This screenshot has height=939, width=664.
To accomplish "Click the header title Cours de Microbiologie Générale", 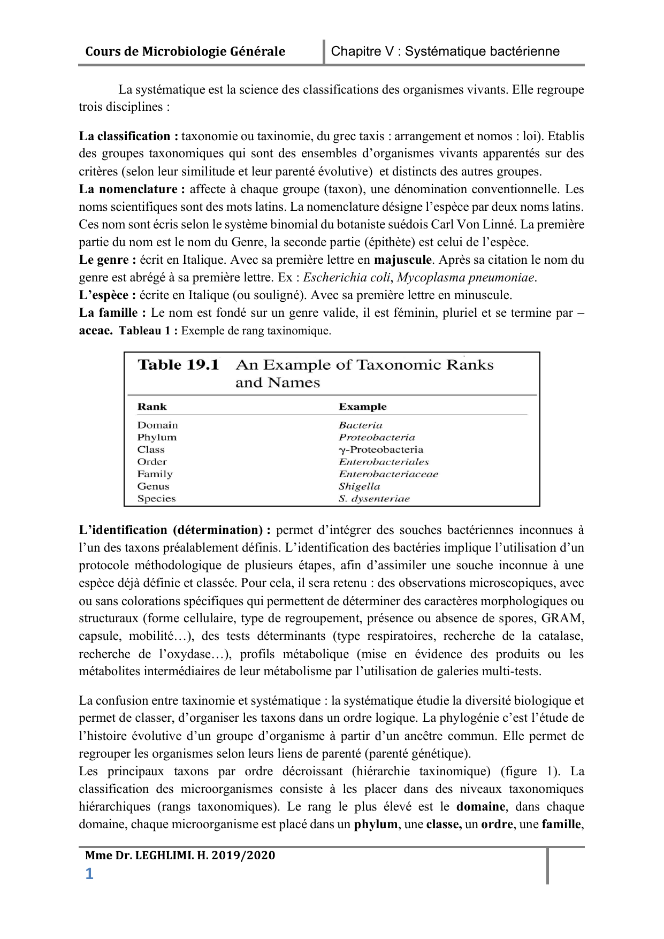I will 185,51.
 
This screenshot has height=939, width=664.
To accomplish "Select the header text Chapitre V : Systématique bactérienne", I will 445,51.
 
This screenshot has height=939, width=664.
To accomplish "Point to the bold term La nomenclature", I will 132,189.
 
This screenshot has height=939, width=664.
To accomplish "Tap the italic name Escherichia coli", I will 347,278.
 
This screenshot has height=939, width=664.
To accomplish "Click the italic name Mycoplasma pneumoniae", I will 465,278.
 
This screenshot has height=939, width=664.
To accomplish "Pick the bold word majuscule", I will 402,260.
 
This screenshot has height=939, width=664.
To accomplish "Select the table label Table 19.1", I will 179,365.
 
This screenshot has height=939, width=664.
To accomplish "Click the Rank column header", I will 152,407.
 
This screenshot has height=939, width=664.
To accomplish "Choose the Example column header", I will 362,407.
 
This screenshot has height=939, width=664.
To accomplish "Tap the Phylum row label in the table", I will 157,437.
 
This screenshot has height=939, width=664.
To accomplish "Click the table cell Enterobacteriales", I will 384,462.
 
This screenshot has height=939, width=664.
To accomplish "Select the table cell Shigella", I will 359,486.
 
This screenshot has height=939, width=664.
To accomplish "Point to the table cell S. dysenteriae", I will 374,499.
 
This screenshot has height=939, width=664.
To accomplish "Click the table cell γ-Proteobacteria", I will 381,449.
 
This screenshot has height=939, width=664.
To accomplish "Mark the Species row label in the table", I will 156,499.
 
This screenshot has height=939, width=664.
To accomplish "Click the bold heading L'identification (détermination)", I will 174,530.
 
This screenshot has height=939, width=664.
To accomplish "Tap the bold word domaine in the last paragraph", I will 480,807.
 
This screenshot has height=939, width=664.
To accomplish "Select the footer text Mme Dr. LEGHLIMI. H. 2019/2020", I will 180,856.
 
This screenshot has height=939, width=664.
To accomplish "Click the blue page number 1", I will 89,874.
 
